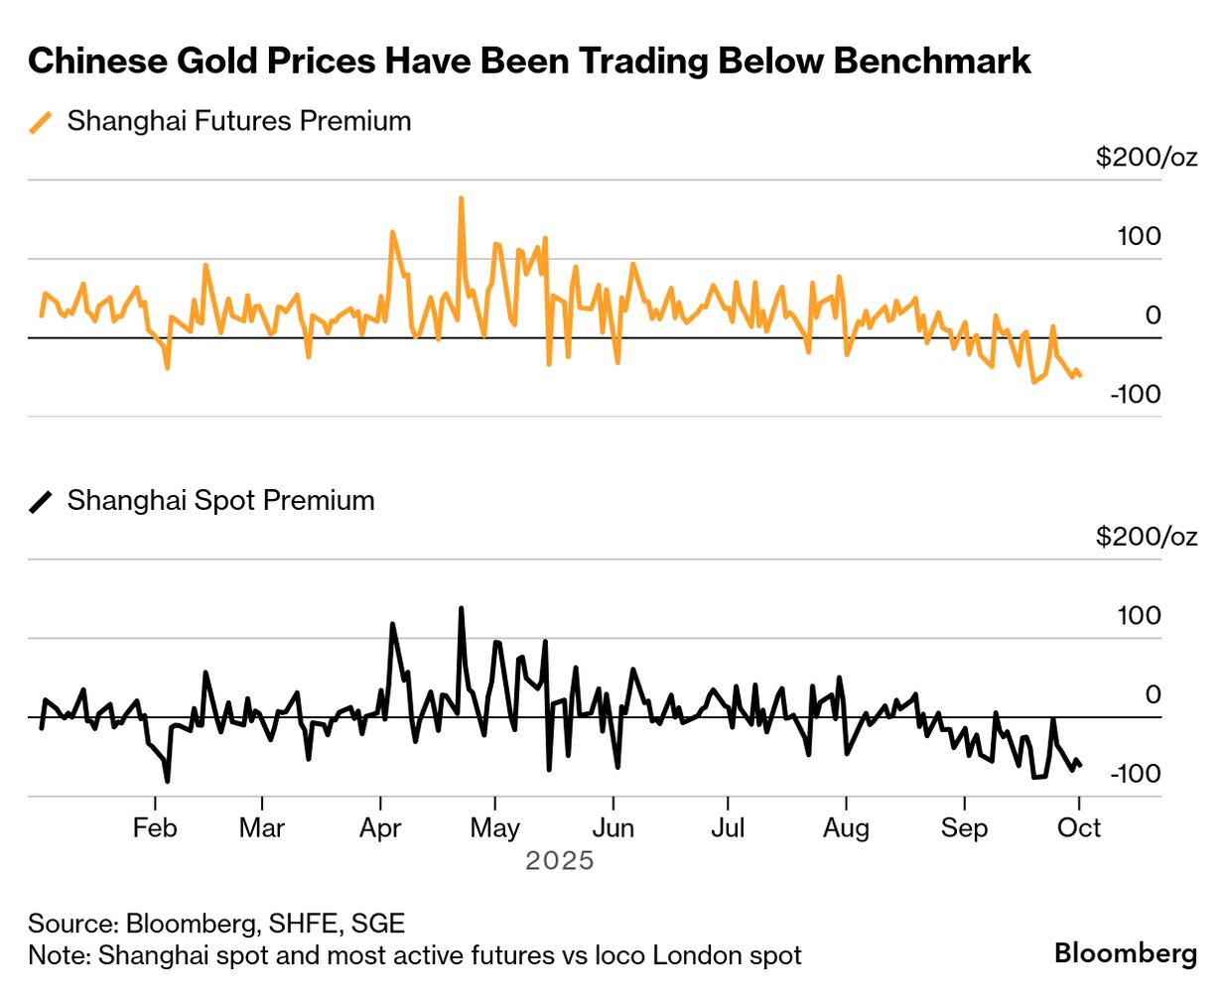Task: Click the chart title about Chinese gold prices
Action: [529, 61]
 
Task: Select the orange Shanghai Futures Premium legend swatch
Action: [41, 122]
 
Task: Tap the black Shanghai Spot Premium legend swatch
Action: [41, 502]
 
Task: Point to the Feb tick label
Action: [155, 828]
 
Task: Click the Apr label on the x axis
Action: [380, 828]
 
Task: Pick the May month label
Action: [494, 828]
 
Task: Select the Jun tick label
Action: [613, 828]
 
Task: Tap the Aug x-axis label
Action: [846, 828]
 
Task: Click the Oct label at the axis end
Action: [1079, 828]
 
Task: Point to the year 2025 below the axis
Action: [560, 860]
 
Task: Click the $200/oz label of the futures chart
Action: [1147, 157]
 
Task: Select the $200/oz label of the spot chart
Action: [1147, 537]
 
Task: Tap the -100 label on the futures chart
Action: [1135, 394]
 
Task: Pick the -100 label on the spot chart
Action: [1135, 774]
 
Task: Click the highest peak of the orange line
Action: [461, 198]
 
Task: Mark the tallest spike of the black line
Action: [461, 608]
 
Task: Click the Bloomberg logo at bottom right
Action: [1126, 953]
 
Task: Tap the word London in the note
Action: [680, 955]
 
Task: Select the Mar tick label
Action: [262, 828]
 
